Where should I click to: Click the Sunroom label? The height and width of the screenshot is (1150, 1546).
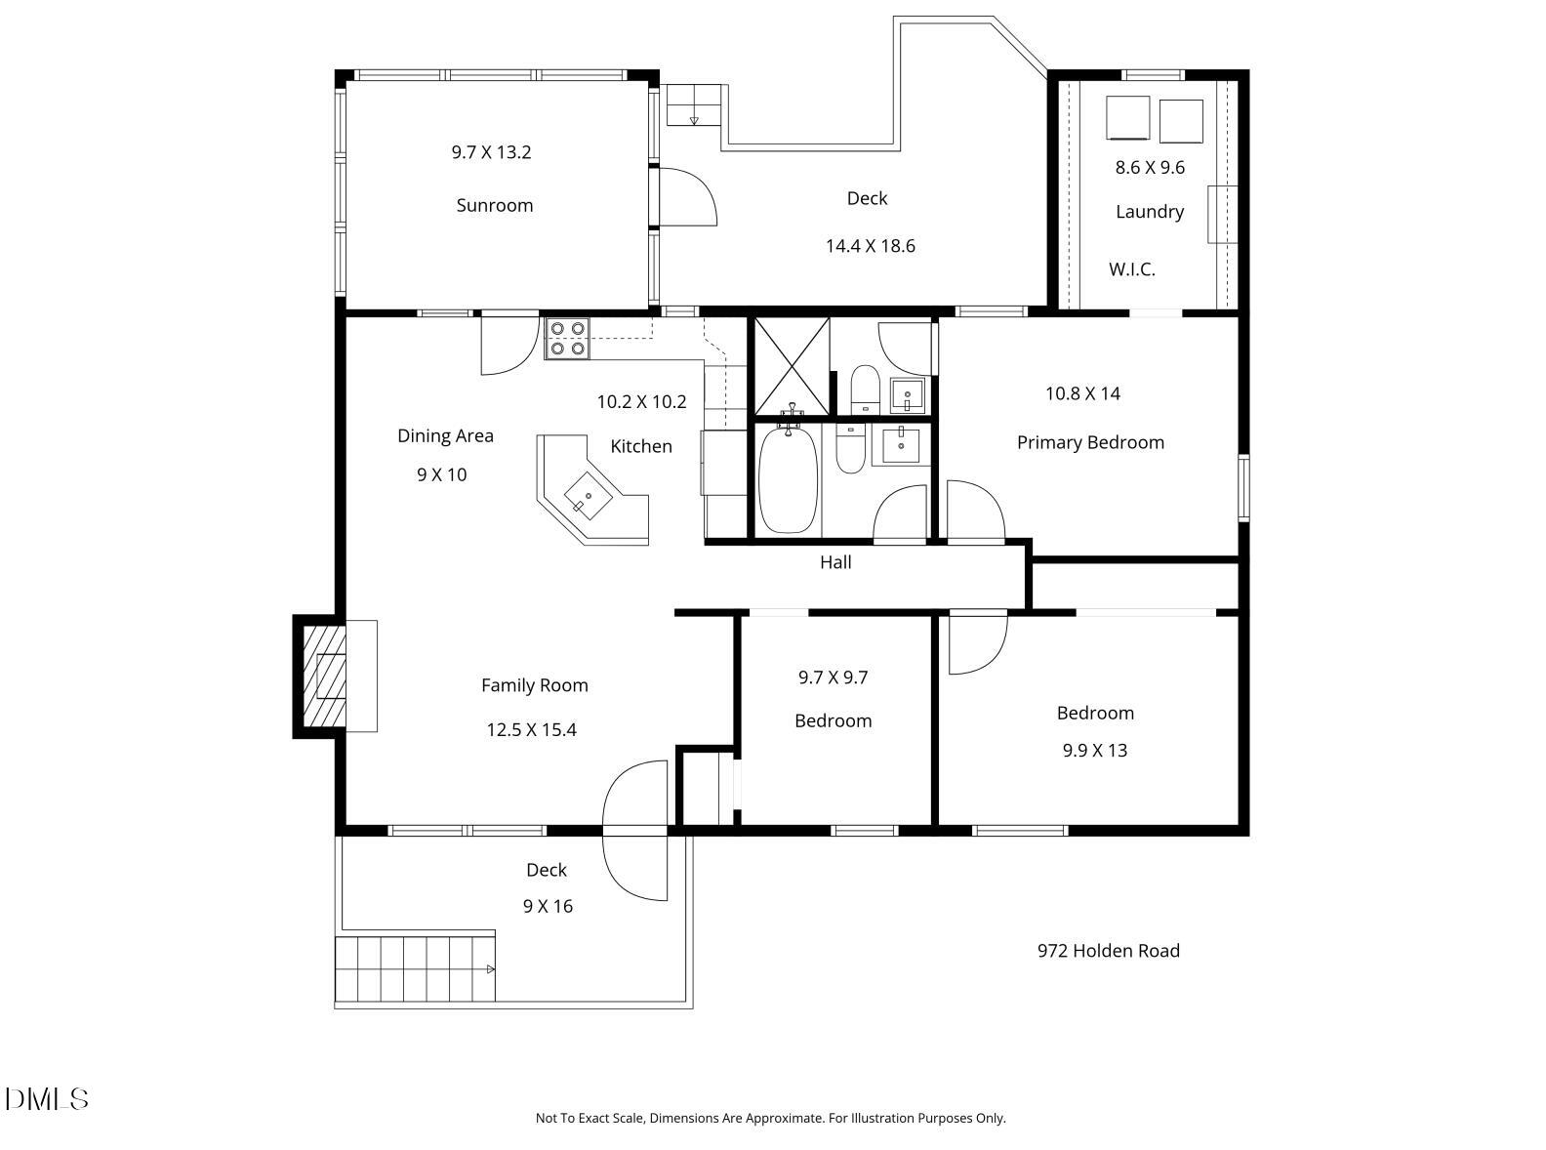(494, 205)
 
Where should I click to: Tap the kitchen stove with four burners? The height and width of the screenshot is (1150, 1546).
(567, 338)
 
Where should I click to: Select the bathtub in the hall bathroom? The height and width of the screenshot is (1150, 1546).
(788, 480)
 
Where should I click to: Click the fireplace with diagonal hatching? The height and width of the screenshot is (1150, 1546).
(325, 676)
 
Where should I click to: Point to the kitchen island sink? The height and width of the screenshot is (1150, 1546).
(589, 496)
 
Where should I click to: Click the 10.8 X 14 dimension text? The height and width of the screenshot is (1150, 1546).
(1082, 393)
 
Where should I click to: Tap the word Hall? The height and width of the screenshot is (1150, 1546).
(835, 562)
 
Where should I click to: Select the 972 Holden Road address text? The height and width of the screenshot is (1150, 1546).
(1109, 951)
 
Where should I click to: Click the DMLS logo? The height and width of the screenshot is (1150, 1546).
(47, 1099)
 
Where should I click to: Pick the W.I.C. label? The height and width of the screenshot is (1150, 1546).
(1132, 269)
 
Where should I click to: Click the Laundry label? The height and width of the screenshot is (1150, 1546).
(1150, 211)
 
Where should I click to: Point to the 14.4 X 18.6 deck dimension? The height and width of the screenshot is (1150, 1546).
(870, 245)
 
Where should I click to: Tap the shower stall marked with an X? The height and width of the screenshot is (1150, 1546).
(792, 366)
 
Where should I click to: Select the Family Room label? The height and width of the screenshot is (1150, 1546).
(535, 685)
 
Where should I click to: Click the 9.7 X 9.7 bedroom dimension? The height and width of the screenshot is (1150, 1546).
(833, 678)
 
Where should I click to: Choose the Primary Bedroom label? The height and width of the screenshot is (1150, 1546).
(1090, 443)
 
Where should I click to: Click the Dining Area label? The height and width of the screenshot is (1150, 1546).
(445, 435)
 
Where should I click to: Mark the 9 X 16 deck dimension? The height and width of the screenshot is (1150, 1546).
(548, 906)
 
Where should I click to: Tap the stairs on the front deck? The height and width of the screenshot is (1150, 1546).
(416, 968)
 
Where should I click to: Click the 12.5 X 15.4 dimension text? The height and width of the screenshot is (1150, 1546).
(531, 729)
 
